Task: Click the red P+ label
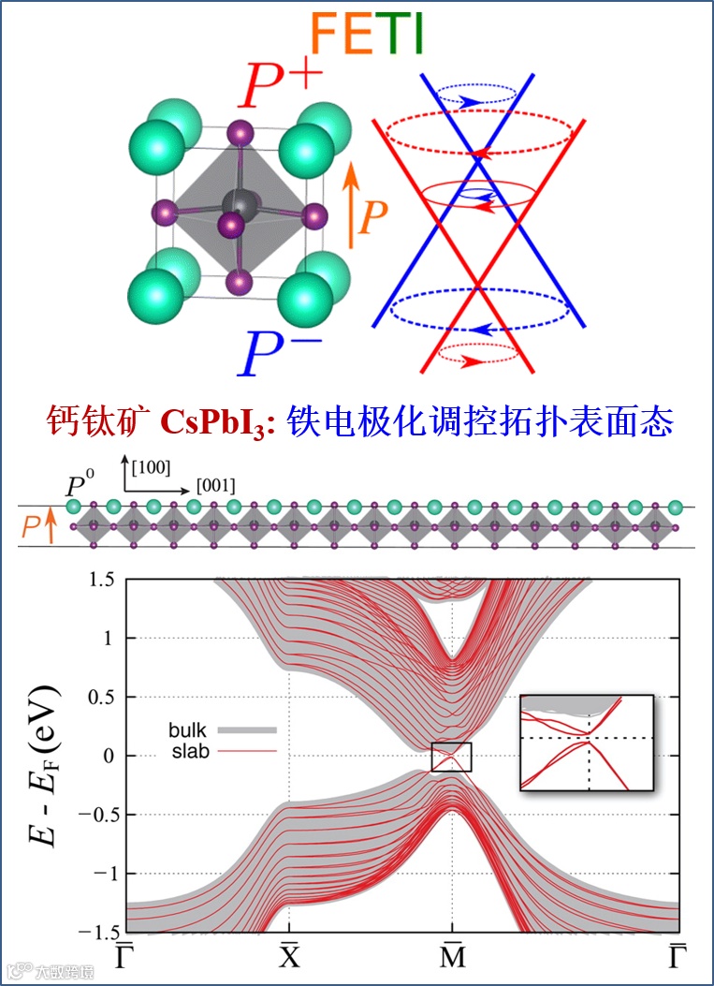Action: pyautogui.click(x=282, y=83)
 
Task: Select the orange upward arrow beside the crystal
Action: pyautogui.click(x=351, y=206)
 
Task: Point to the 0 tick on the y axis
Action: pyautogui.click(x=107, y=756)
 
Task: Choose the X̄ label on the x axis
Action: pyautogui.click(x=289, y=956)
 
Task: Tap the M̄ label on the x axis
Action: pyautogui.click(x=452, y=956)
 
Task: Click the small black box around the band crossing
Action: pyautogui.click(x=451, y=757)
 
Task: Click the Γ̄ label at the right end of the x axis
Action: pyautogui.click(x=677, y=956)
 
